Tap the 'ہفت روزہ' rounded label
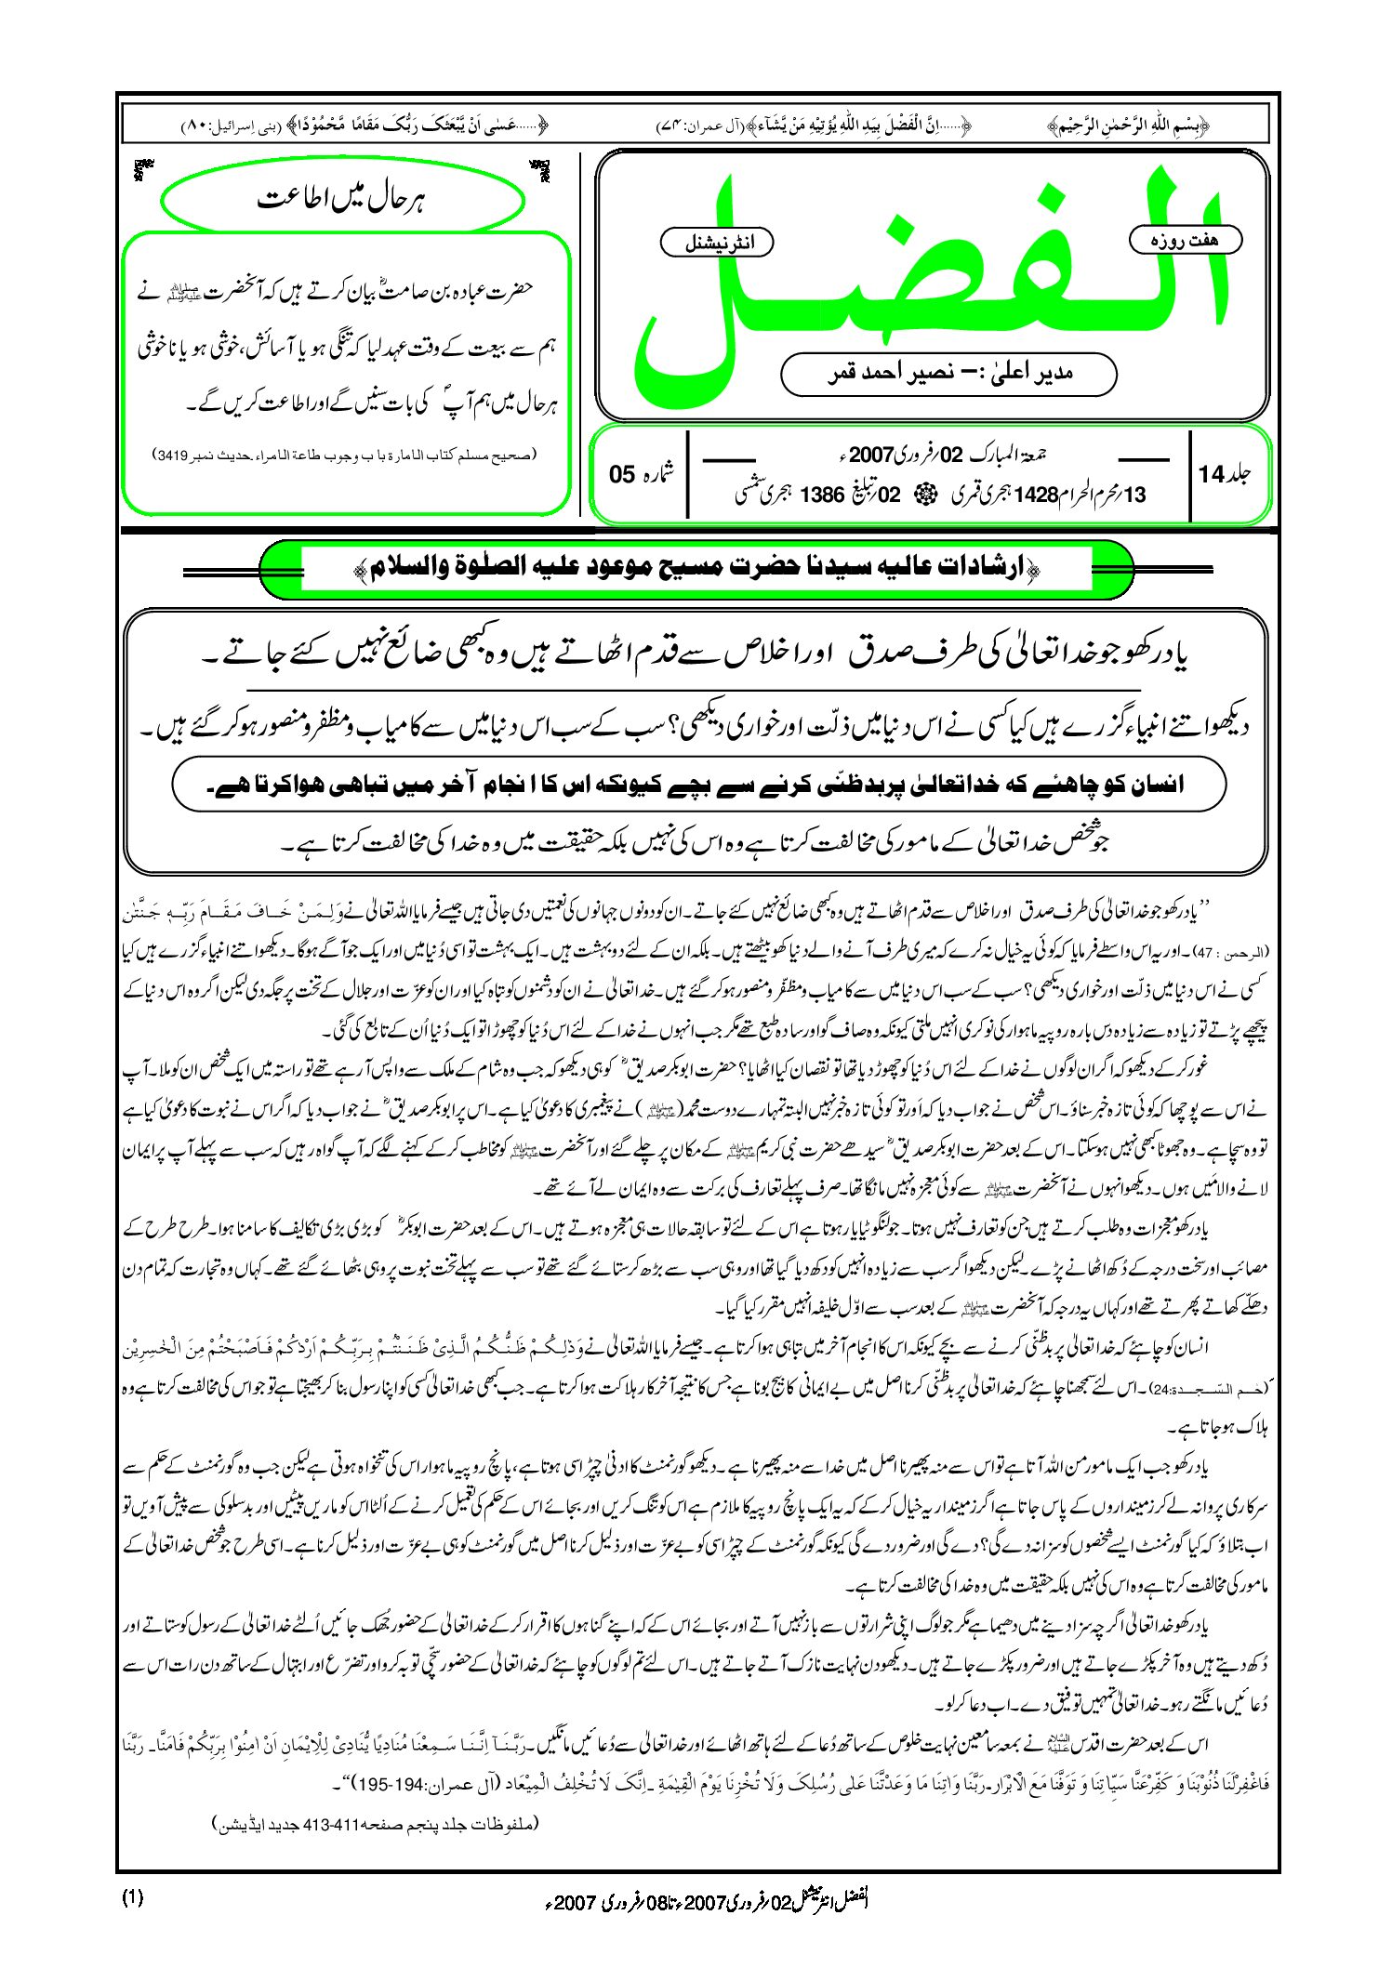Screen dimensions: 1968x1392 pos(1185,240)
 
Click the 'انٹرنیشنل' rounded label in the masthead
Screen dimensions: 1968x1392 pos(717,244)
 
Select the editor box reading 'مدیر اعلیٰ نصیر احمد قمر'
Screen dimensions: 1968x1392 pos(948,374)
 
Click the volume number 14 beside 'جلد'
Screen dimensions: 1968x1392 pos(1211,474)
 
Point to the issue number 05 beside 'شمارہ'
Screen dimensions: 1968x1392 pos(622,474)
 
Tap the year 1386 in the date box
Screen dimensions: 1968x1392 pos(821,495)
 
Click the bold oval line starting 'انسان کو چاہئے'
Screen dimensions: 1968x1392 pos(698,784)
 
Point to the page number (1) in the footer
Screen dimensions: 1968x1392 pos(133,1898)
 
